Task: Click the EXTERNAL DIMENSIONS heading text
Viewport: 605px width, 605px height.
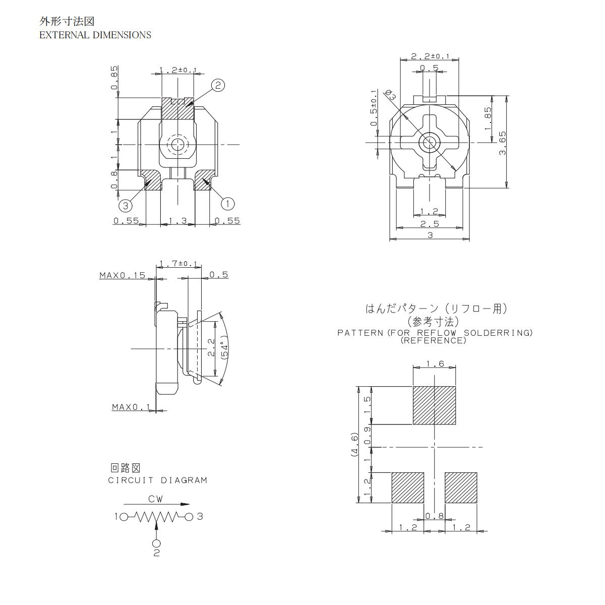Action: coord(95,35)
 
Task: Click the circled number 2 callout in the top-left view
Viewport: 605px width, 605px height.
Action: coord(217,86)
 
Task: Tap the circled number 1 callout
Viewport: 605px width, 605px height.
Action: coord(227,203)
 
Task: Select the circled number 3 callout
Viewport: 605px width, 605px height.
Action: coord(126,205)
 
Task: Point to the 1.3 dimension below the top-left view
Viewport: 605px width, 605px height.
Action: coord(177,221)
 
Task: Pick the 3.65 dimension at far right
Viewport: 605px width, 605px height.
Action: coord(502,143)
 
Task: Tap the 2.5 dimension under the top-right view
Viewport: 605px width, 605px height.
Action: coord(429,224)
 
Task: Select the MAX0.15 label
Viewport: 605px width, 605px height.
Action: coord(122,275)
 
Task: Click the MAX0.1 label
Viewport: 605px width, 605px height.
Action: coord(131,407)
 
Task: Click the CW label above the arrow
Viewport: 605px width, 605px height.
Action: coord(155,499)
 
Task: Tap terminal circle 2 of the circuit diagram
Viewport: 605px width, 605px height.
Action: coord(156,543)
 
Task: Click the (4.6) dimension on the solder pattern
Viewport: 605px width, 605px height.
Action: coord(355,444)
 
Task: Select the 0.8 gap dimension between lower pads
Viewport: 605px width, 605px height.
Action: coord(434,516)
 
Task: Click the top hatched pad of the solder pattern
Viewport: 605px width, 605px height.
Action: coord(434,405)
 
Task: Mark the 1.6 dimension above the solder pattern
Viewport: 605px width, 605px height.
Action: coord(434,364)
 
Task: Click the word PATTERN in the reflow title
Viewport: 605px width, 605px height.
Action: coord(360,333)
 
